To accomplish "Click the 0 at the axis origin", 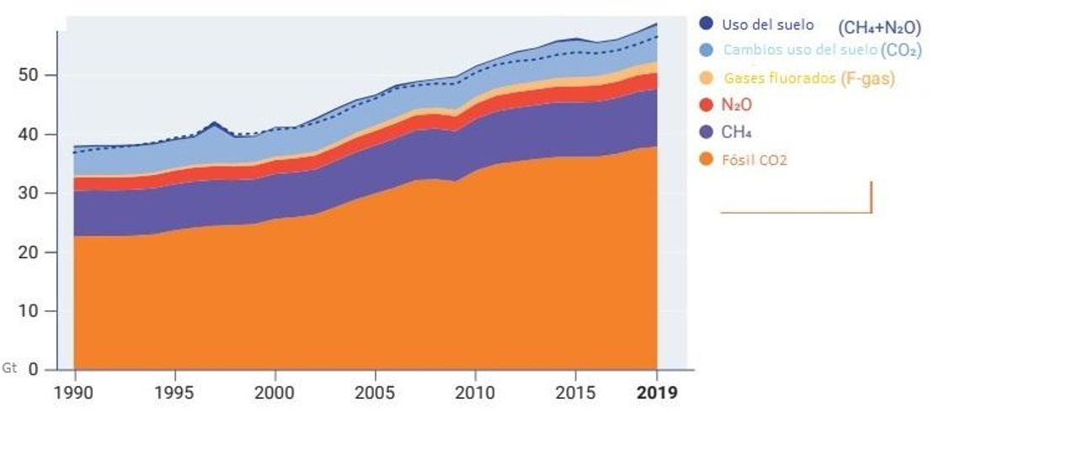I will pyautogui.click(x=35, y=370).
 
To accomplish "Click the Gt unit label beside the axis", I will pyautogui.click(x=9, y=368).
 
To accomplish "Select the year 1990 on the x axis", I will pyautogui.click(x=75, y=393).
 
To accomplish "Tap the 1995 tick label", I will pyautogui.click(x=174, y=393).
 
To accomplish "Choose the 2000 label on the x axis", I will pyautogui.click(x=274, y=393).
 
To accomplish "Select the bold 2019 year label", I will pyautogui.click(x=657, y=393).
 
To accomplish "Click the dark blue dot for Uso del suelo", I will pyautogui.click(x=706, y=24).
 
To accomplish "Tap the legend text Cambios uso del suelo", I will pyautogui.click(x=800, y=50).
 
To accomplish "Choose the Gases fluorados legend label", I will pyautogui.click(x=779, y=78).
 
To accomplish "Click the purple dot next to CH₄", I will pyautogui.click(x=706, y=132).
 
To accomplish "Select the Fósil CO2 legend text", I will pyautogui.click(x=754, y=160).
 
